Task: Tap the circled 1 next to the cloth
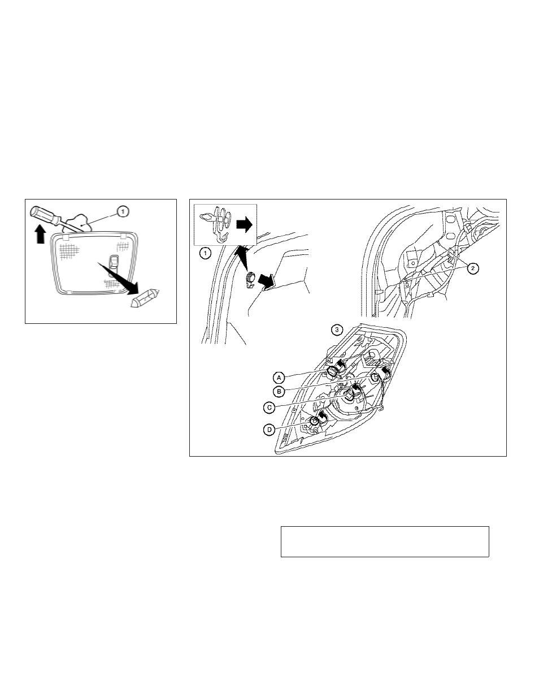[x=123, y=212]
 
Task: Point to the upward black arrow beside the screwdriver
[x=40, y=234]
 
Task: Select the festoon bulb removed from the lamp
[x=145, y=298]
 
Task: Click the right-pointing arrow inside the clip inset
[x=245, y=224]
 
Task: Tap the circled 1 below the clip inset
[x=206, y=253]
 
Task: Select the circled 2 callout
[x=473, y=268]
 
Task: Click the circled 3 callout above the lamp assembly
[x=337, y=330]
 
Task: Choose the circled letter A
[x=279, y=378]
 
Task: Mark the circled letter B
[x=279, y=392]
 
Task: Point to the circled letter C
[x=269, y=407]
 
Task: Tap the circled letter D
[x=269, y=430]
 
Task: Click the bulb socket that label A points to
[x=332, y=371]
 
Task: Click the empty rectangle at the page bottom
[x=385, y=541]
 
